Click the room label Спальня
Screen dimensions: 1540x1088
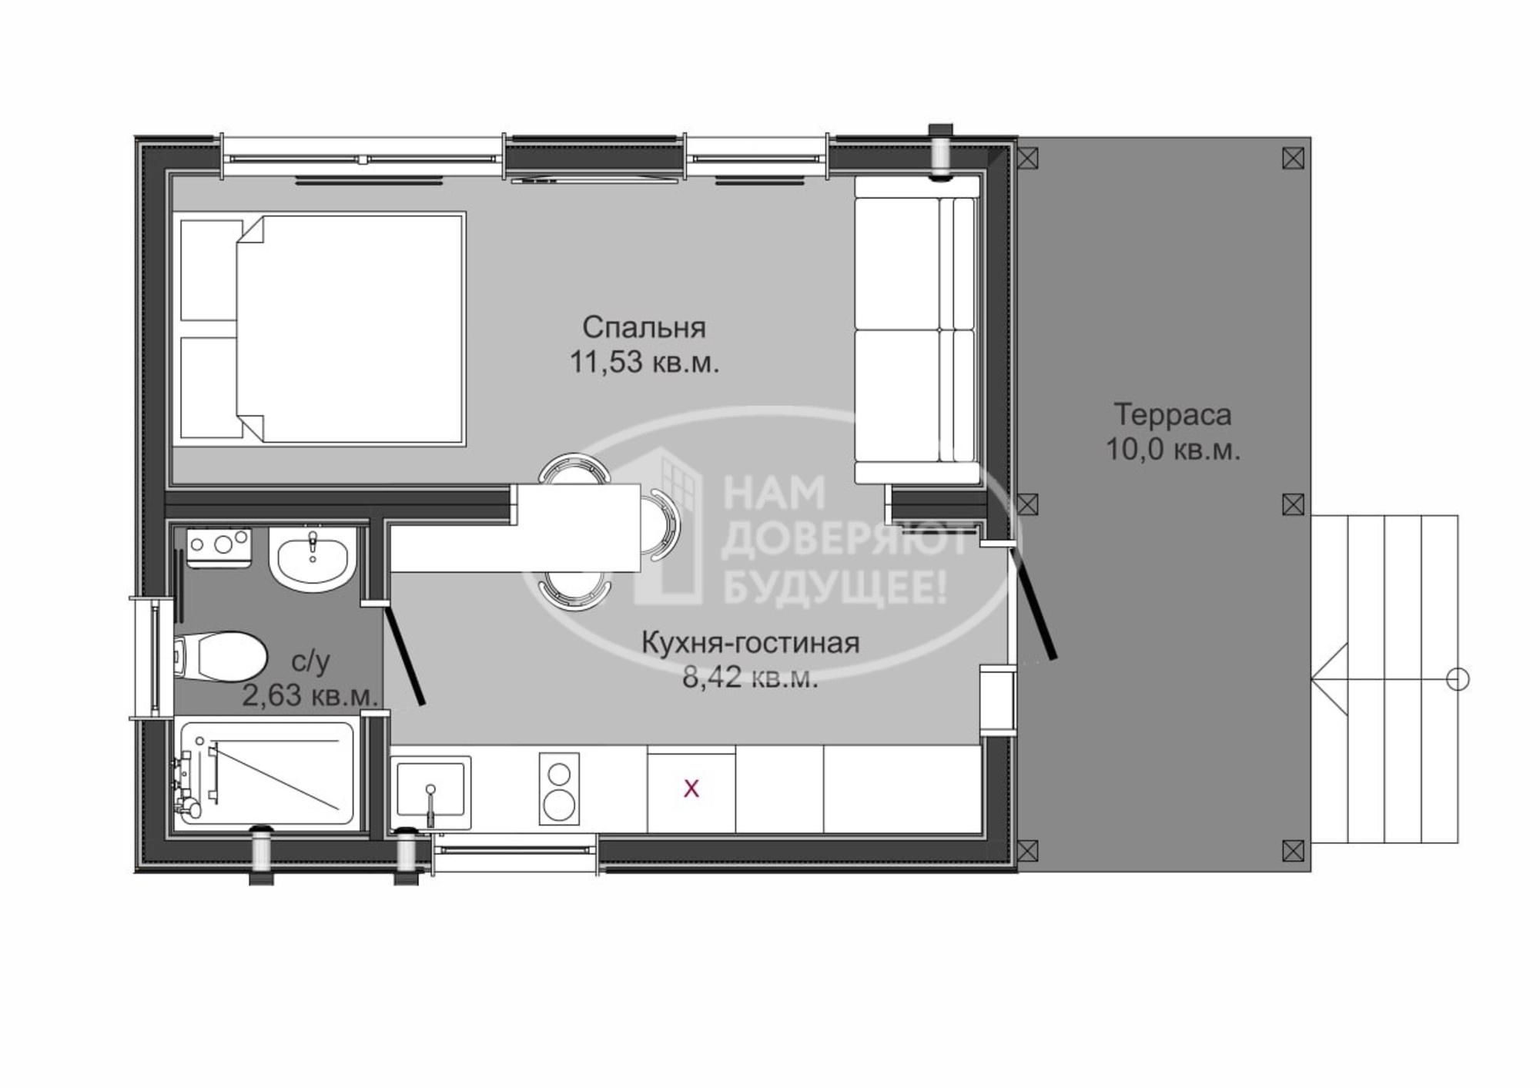click(x=644, y=328)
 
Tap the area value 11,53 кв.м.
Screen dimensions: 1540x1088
click(x=644, y=362)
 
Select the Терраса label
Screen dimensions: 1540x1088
click(x=1173, y=415)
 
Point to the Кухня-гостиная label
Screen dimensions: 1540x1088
click(x=751, y=643)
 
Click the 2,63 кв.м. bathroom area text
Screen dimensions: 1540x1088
click(x=310, y=695)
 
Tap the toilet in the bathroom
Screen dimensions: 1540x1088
click(x=219, y=657)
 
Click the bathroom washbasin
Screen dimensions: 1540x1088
click(x=312, y=559)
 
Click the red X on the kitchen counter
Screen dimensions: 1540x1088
click(x=691, y=788)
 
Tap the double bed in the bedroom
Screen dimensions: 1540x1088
click(x=323, y=330)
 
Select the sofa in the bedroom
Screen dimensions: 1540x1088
click(x=917, y=330)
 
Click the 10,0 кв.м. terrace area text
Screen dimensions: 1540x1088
click(x=1173, y=449)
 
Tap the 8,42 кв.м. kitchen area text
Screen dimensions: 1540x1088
click(x=751, y=678)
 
